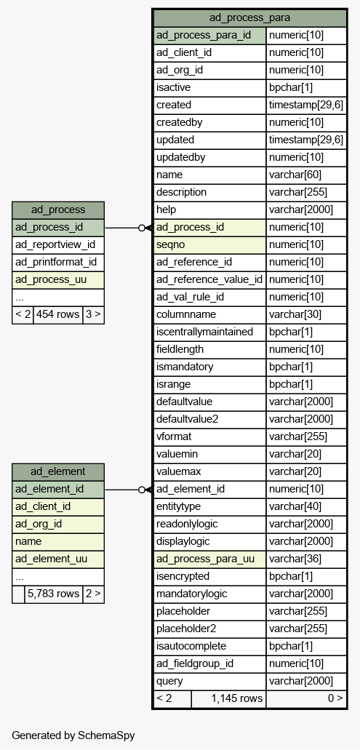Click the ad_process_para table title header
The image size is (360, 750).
[249, 18]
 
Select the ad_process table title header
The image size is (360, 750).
[58, 210]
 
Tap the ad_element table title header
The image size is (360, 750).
[58, 471]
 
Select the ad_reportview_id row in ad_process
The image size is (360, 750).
[58, 245]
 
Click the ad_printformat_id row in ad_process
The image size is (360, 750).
[58, 262]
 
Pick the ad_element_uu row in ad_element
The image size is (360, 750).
[58, 559]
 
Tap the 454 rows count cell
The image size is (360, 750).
[58, 315]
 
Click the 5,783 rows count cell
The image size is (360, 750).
[54, 594]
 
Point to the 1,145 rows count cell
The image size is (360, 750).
[228, 699]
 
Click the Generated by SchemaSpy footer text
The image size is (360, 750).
[73, 735]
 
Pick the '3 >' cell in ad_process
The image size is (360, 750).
[93, 315]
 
